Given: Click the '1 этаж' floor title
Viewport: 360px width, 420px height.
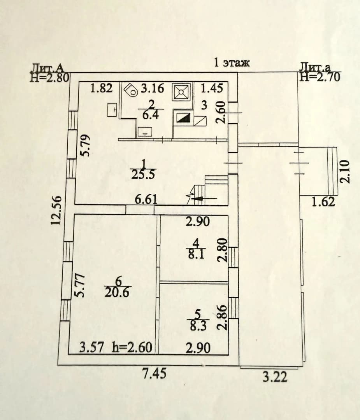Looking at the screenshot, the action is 232,62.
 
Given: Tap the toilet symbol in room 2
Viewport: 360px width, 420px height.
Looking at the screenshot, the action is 131,90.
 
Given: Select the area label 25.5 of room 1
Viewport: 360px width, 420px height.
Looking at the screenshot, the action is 143,174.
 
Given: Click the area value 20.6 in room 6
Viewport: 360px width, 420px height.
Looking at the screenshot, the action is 117,292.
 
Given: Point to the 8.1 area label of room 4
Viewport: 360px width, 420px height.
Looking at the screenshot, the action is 196,254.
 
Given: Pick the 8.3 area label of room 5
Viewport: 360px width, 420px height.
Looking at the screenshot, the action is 198,326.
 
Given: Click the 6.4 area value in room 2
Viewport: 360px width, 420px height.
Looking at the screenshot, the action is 150,115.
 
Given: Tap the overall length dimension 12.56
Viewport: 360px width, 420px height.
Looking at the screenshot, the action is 57,210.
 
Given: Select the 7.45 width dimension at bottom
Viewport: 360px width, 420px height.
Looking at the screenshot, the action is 155,374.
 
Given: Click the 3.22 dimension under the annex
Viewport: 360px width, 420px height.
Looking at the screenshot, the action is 275,377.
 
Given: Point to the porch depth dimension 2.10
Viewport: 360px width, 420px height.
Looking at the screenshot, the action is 345,172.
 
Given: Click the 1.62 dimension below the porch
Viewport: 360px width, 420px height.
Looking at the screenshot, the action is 323,202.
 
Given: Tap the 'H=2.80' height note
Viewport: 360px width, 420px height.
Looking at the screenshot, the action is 50,77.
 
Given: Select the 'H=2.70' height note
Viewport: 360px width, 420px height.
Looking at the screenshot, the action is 320,77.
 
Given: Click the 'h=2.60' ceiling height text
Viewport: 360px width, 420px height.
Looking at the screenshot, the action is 132,348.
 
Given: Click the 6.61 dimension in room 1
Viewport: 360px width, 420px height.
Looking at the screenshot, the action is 146,199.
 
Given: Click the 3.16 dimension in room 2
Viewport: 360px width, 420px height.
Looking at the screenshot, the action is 152,88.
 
